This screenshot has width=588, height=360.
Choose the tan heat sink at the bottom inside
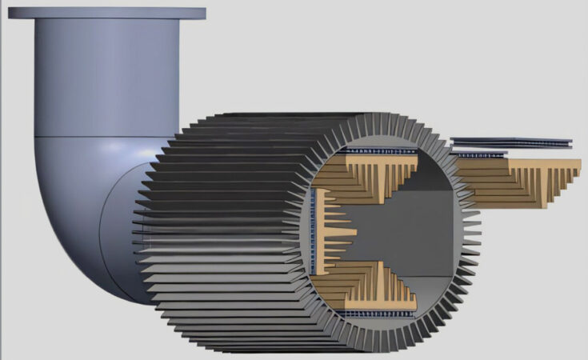click(376, 280)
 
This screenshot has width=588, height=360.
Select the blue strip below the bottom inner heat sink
click(376, 311)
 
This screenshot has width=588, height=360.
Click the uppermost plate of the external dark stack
click(512, 140)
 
